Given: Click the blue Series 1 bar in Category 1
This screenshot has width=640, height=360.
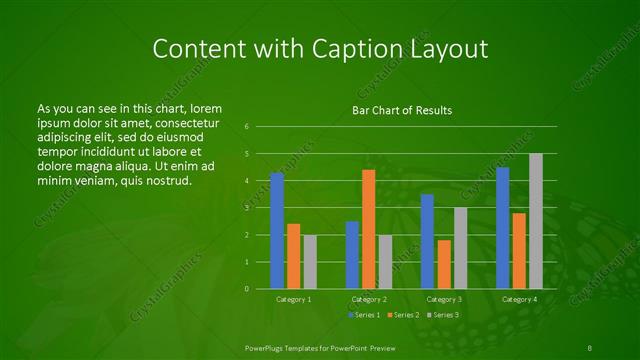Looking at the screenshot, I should [x=277, y=231].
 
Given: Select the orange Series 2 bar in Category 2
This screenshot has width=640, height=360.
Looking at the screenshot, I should [x=368, y=229].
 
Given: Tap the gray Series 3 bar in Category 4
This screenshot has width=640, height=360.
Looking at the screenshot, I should [x=536, y=221].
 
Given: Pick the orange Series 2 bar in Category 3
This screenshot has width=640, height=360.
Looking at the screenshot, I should [x=444, y=264].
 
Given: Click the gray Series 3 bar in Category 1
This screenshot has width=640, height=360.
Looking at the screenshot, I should [x=310, y=262].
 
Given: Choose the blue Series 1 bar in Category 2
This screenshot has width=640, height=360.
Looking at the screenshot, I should [x=352, y=255].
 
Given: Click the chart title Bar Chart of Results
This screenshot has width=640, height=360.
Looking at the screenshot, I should [x=401, y=110].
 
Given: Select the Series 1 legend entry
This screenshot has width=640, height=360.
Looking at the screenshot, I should [x=364, y=315].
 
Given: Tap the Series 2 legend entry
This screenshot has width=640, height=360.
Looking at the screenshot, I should [x=402, y=315].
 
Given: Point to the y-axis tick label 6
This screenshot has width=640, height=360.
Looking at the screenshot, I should [x=247, y=127].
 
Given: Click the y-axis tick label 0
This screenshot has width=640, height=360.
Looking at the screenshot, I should [x=247, y=289].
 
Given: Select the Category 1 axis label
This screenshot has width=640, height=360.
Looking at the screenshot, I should [x=293, y=299].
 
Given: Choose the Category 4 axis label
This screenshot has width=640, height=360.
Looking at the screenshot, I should [x=519, y=299].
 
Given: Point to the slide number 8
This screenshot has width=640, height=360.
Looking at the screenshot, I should [x=590, y=346].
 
